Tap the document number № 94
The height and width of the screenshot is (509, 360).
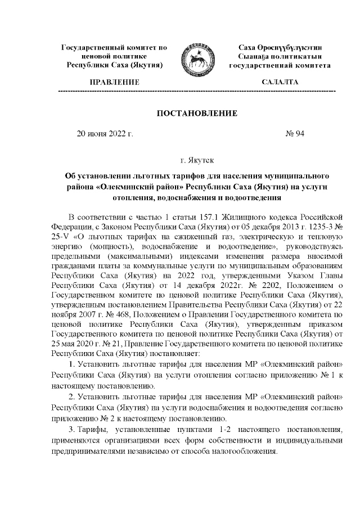coord(295,135)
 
